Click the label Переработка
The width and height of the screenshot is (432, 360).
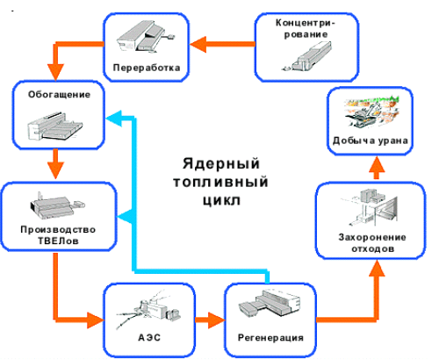pos(147,68)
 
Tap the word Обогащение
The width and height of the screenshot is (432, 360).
pos(59,94)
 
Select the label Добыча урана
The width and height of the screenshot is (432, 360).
pos(370,140)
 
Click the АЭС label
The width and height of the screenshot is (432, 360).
pos(149,337)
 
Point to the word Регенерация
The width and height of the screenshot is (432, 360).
pos(270,337)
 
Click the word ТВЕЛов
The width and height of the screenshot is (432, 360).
pos(58,241)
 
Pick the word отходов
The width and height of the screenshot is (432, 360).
pos(372,248)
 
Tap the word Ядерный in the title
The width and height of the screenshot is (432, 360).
pos(221,163)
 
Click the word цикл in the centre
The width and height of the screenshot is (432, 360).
pos(221,200)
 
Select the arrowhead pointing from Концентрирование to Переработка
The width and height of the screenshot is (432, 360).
pos(198,44)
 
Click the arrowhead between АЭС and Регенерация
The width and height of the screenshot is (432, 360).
pos(216,320)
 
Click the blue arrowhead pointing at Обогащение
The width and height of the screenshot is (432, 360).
pos(114,119)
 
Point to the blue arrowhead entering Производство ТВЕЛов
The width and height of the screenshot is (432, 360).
pos(126,217)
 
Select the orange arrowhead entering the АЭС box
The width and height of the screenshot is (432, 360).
pos(96,320)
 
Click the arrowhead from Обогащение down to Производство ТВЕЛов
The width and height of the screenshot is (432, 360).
pos(55,169)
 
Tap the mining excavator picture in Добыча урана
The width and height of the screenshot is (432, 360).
pos(371,112)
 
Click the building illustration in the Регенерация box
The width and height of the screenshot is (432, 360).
pos(270,304)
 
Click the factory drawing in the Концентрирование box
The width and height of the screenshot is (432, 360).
pos(306,56)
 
